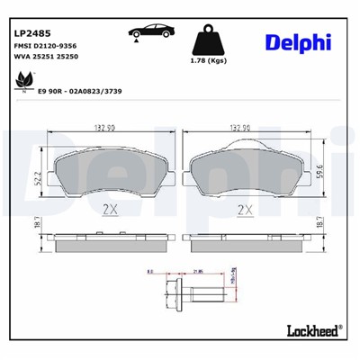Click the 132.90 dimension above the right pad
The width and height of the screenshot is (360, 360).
240,128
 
